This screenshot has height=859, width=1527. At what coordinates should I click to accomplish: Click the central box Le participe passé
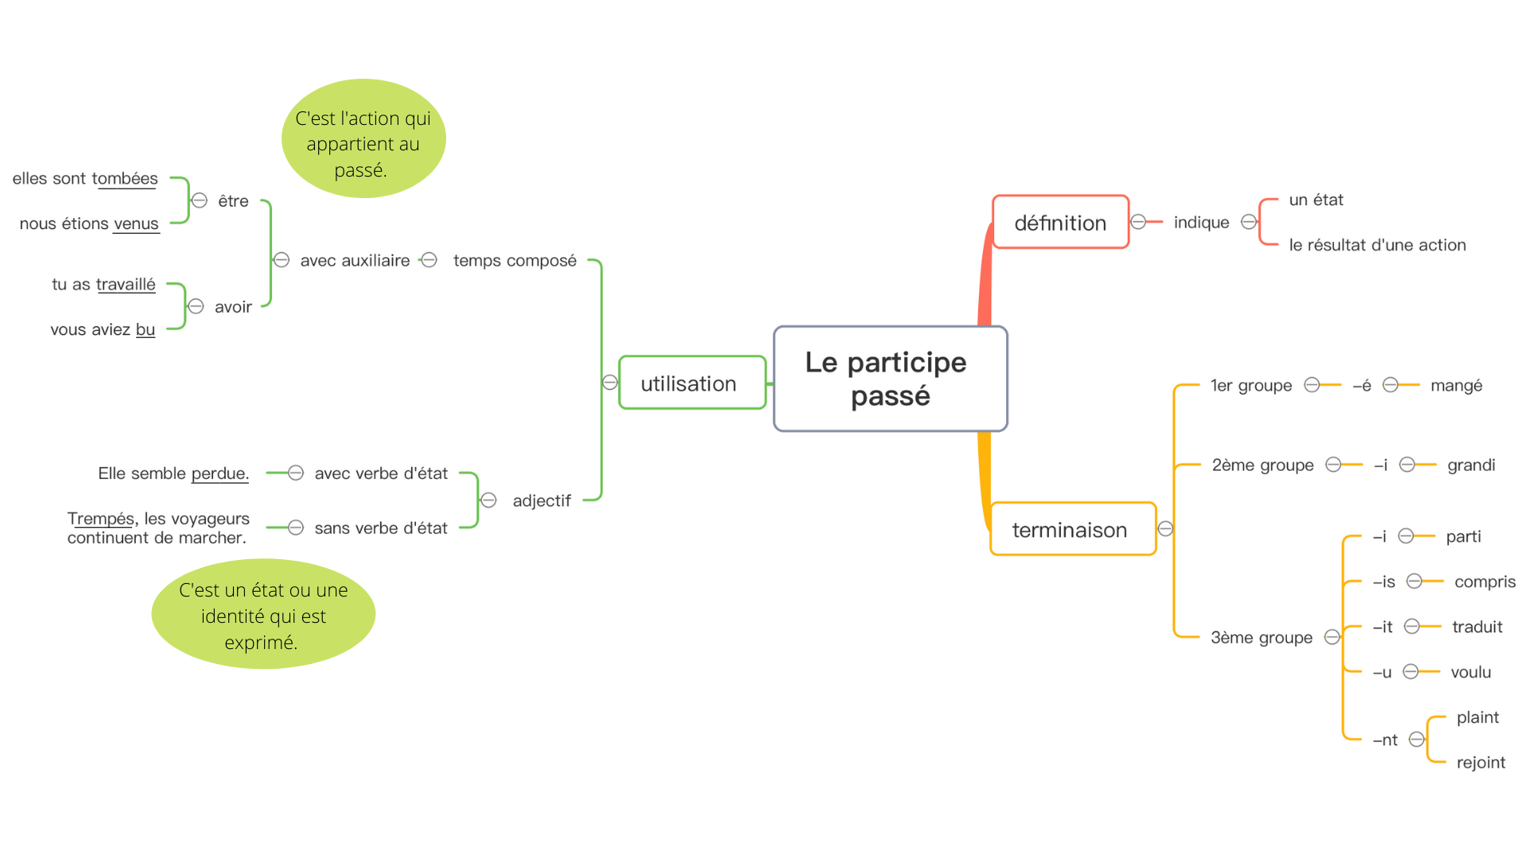[x=890, y=379]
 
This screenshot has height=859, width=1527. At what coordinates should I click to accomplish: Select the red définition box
[x=1060, y=223]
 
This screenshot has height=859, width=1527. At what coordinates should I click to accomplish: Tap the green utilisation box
[x=691, y=383]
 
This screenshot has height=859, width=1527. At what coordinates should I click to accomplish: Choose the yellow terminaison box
[x=1071, y=530]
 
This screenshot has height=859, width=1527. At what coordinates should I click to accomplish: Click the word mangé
[x=1455, y=386]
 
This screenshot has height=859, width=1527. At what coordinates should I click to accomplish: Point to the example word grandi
[x=1471, y=465]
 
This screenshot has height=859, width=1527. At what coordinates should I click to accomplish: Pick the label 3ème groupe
[x=1261, y=638]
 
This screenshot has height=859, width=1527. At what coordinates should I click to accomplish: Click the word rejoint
[x=1480, y=763]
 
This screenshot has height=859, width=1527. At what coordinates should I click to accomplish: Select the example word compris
[x=1484, y=582]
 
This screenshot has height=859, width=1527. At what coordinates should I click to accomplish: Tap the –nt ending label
[x=1385, y=740]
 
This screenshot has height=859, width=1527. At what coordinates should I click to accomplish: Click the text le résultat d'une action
[x=1377, y=246]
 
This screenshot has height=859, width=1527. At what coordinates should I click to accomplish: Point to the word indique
[x=1201, y=223]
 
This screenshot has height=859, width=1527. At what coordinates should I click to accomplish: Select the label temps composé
[x=515, y=261]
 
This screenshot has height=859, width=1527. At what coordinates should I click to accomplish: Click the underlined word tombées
[x=125, y=179]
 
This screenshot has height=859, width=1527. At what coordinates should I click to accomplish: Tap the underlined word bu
[x=146, y=330]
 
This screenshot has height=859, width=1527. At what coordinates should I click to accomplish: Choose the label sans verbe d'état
[x=381, y=528]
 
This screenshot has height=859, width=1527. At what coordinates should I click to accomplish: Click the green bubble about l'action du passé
[x=363, y=139]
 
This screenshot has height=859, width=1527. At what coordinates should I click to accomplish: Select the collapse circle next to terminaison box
[x=1165, y=529]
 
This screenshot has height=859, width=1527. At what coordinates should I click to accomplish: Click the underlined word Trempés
[x=101, y=519]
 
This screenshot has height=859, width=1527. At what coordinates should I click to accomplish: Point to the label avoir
[x=233, y=307]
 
